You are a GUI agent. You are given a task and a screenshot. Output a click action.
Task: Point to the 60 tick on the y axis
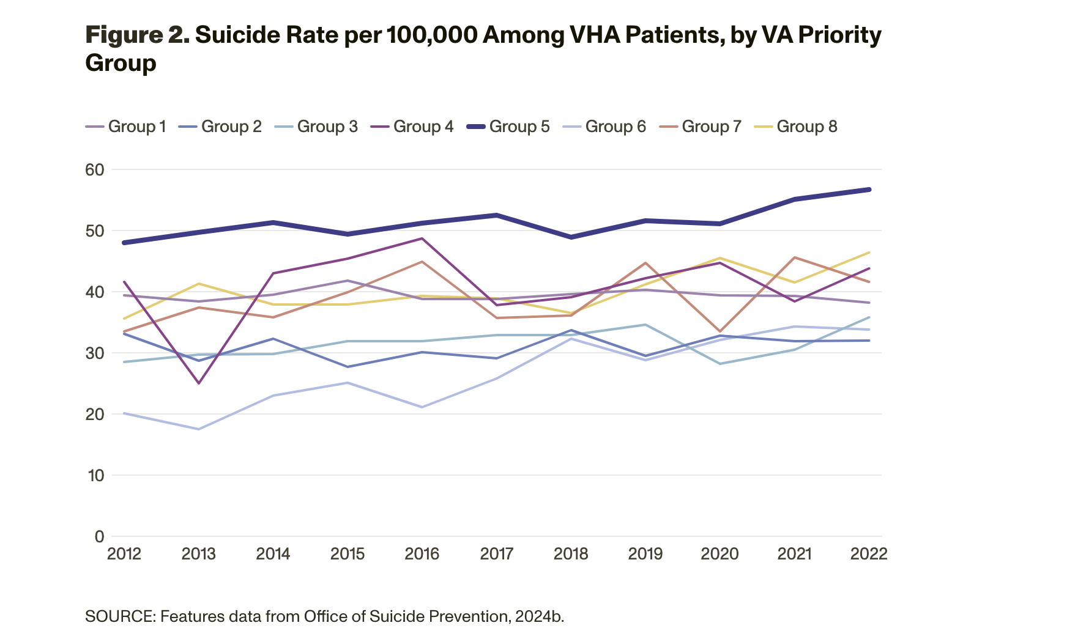(x=95, y=169)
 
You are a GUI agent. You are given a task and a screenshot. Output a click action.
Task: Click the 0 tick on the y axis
(x=100, y=536)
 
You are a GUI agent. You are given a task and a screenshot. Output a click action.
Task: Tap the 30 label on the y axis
(x=95, y=353)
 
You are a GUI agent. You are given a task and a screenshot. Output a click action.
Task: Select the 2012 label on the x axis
(x=124, y=554)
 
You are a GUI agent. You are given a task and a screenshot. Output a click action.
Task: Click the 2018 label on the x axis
(x=571, y=554)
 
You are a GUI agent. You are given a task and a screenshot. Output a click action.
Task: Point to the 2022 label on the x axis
(x=869, y=554)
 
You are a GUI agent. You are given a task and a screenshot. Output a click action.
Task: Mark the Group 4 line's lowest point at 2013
(x=199, y=383)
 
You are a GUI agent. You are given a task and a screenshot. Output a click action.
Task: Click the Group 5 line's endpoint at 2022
(x=869, y=190)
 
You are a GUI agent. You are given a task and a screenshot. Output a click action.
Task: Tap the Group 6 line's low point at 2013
(x=199, y=429)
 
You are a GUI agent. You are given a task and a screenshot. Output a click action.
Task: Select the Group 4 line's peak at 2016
(x=422, y=238)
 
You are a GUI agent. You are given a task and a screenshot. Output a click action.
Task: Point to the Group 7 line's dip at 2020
(x=720, y=331)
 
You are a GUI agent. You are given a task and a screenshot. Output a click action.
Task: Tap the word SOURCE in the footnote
(x=119, y=616)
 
